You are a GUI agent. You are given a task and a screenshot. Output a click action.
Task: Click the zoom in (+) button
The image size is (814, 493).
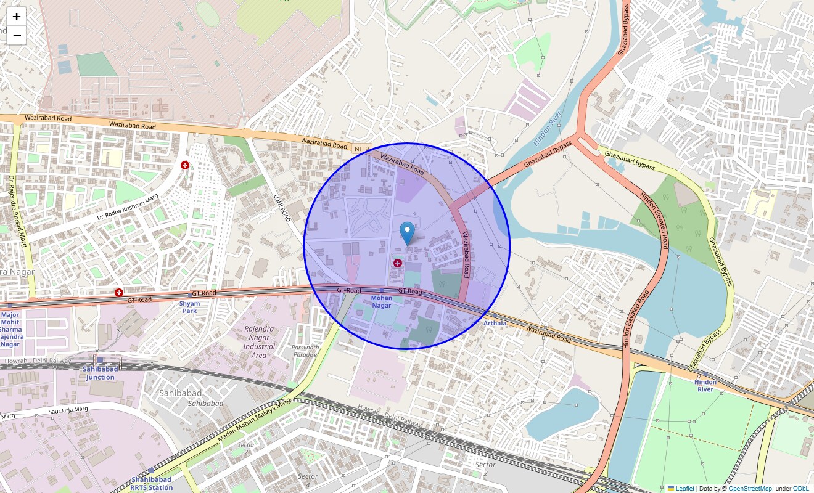coord(17,17)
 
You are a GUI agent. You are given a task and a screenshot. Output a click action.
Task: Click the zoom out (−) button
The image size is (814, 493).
coord(17,35)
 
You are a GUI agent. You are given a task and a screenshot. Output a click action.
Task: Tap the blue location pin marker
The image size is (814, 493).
coord(407,232)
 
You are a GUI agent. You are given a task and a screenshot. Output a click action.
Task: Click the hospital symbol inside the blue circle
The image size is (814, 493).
coord(398,263)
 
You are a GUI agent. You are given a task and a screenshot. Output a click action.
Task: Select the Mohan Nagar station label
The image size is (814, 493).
coord(381,301)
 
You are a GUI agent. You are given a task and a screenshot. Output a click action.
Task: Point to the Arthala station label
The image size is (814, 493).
coord(495,323)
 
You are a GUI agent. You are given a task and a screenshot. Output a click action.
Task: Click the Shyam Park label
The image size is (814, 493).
coord(189,307)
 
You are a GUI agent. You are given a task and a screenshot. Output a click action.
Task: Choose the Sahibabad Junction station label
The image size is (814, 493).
coord(100,373)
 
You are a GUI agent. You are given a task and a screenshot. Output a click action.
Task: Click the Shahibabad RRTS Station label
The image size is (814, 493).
coord(152,484)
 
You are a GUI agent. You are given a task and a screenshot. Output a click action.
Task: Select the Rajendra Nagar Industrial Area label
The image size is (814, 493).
coord(259,343)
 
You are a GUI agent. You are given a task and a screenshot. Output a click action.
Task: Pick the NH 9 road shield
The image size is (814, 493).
coord(361,149)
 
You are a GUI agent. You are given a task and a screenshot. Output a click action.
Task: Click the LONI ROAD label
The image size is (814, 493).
coord(281,207)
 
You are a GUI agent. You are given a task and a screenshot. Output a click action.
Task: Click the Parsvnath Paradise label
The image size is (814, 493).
coord(305,351)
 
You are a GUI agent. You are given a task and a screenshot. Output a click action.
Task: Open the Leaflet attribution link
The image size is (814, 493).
coord(684,488)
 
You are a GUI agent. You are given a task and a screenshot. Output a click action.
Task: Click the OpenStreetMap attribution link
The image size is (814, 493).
coord(750,488)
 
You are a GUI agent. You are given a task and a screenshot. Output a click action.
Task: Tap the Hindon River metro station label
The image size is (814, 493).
coord(705,385)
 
